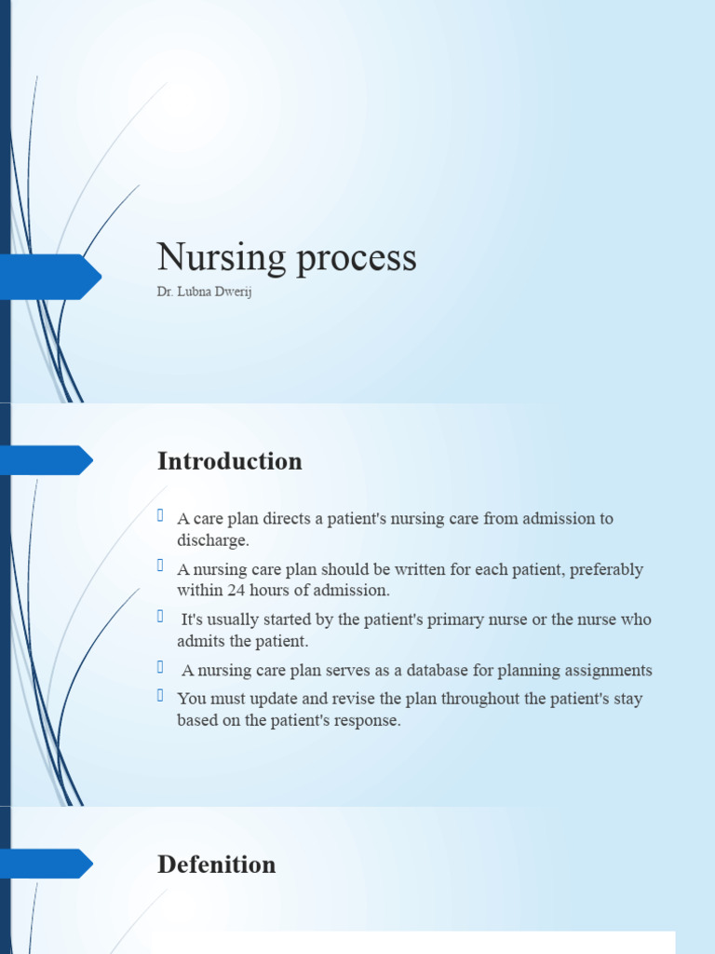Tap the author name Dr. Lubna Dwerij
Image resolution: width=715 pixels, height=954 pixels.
point(204,293)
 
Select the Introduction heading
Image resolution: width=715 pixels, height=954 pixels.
point(230,461)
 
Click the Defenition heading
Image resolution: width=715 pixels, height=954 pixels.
point(217,865)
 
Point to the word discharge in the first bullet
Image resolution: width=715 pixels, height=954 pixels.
point(213,540)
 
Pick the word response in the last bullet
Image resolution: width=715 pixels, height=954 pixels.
point(367,721)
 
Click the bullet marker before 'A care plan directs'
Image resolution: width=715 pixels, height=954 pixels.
point(161,516)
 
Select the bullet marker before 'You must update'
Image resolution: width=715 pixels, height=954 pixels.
point(161,696)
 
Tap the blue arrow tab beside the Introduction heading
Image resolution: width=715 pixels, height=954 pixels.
point(47,460)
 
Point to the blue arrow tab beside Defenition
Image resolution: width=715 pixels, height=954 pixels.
point(47,864)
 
